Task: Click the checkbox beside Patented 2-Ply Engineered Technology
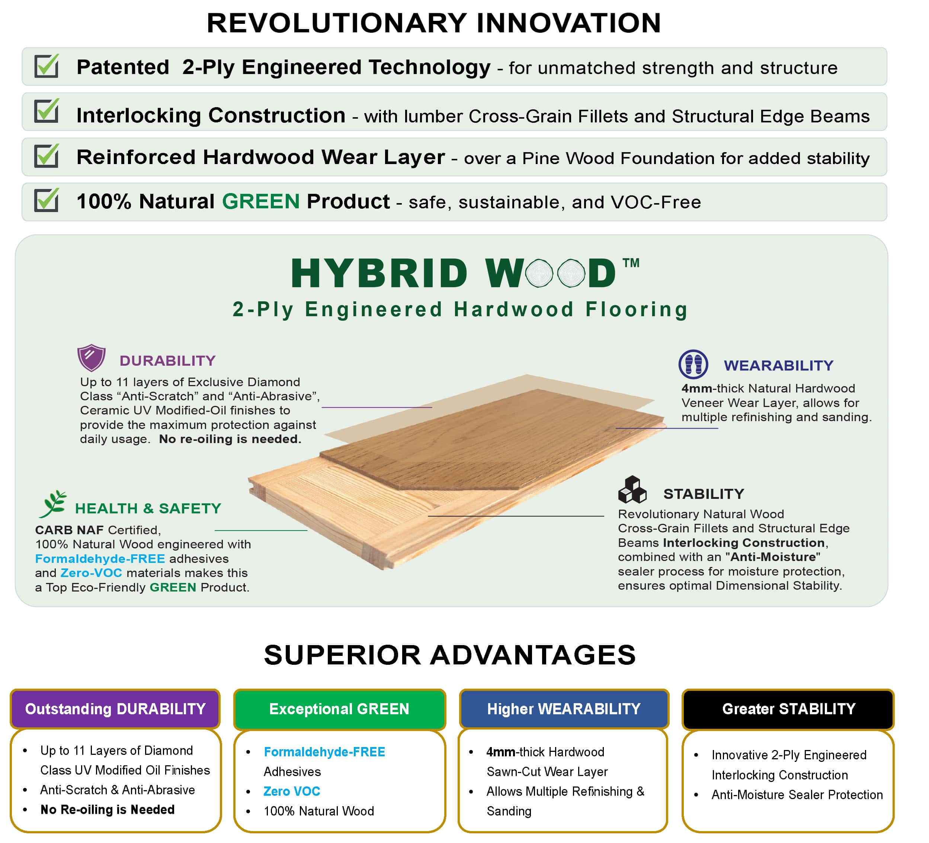47,66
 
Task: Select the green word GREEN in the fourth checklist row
261,201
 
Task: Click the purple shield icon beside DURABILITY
91,358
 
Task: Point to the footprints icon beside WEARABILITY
693,364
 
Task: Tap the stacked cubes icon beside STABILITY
632,490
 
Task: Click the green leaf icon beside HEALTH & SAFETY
53,504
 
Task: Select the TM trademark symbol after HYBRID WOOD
631,263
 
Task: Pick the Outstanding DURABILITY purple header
115,709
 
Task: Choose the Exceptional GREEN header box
339,709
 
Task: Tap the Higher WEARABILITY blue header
564,709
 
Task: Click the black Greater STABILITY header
788,709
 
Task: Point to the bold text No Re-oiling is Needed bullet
108,810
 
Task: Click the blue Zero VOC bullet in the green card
292,791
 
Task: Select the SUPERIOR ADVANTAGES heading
450,655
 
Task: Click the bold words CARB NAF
69,530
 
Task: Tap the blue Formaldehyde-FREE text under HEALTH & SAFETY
100,559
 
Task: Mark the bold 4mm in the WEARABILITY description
697,388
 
